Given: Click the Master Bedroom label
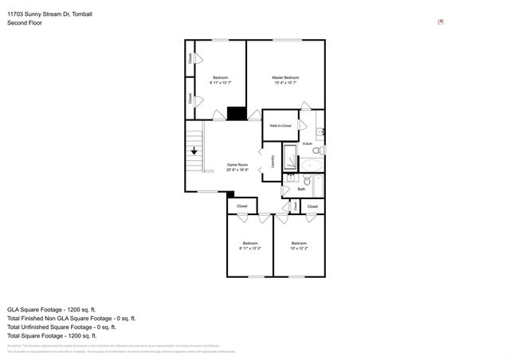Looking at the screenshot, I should (x=284, y=77).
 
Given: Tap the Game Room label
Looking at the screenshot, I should (x=237, y=165).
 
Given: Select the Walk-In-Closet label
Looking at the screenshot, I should (x=280, y=126).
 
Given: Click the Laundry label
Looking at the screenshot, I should (x=273, y=161).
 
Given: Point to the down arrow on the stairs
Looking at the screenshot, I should (x=194, y=150).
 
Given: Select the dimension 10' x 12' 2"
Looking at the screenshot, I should (x=299, y=248).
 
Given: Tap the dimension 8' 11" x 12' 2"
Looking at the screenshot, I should (x=250, y=248).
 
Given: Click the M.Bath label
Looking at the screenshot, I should (x=307, y=143).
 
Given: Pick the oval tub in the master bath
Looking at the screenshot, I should (x=312, y=166).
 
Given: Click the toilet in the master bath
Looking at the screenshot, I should (x=316, y=150).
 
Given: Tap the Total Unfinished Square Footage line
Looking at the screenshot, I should (x=61, y=327).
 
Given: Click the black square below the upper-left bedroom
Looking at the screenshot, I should (x=237, y=113).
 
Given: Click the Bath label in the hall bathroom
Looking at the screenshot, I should (x=301, y=189).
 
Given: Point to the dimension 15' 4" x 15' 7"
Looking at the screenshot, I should (x=284, y=83).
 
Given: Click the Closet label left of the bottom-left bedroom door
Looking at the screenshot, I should (x=242, y=206).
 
